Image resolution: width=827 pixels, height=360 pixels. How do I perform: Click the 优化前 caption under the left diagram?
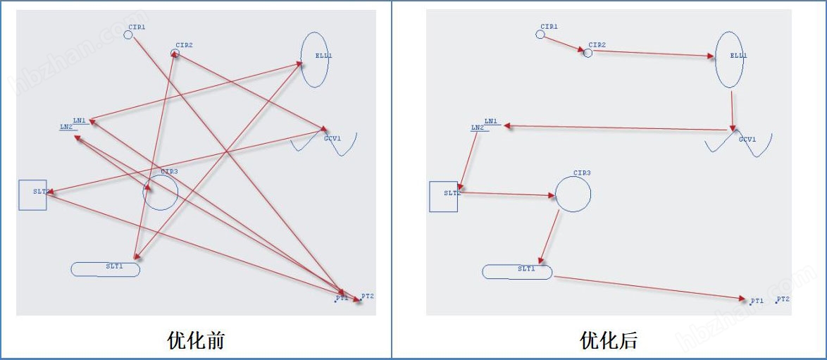pos(196,341)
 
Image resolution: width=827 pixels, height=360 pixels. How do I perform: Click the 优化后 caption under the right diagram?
pos(609,341)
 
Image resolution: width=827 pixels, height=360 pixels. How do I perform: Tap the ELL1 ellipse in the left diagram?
pos(315,60)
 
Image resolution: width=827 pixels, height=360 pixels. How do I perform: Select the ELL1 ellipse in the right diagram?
pos(730,60)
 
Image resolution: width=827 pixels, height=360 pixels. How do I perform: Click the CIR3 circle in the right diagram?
pos(573,193)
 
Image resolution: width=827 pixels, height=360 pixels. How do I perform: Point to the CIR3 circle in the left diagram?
pos(161,192)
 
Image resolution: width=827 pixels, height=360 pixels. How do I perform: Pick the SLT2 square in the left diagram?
pos(32,195)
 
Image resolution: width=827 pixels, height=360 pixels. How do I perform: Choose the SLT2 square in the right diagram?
pos(444,197)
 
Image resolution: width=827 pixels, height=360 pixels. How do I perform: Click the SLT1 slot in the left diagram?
pos(106,269)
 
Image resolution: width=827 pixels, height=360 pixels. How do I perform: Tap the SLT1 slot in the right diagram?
pos(517,272)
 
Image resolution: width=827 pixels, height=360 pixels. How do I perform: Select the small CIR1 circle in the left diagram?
pos(128,34)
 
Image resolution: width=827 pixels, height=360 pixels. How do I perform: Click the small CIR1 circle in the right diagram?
pos(540,34)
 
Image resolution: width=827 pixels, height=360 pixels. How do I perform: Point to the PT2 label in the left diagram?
pos(368,297)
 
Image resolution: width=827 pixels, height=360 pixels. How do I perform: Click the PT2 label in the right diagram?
pos(783,299)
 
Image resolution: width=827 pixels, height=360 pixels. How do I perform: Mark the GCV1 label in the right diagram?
pos(747,139)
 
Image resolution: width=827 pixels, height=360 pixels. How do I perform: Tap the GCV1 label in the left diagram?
pos(332,139)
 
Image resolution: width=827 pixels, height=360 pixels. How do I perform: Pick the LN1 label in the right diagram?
pos(491,122)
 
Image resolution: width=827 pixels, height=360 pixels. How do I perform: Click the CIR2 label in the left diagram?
pos(185,45)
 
